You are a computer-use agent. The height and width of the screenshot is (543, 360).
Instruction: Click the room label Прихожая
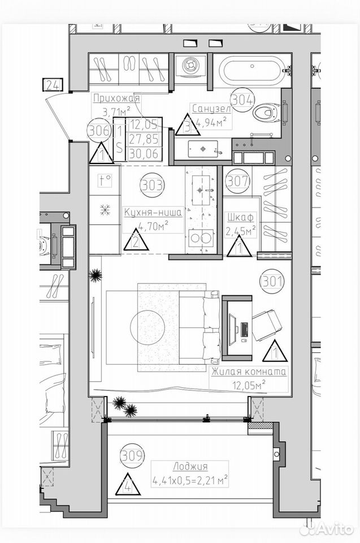point(116,98)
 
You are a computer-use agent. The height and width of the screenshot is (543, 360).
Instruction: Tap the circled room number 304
point(242,100)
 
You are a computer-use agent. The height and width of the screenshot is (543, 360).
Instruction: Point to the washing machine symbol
point(190,65)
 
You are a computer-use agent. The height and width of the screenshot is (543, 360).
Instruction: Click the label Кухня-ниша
point(153,212)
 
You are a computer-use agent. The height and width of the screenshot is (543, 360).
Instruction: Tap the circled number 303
point(153,186)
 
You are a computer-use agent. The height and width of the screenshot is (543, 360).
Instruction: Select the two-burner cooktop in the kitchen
point(201,238)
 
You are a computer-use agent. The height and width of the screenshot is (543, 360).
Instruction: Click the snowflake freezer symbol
point(105,210)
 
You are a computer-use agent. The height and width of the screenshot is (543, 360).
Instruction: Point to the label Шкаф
point(240,217)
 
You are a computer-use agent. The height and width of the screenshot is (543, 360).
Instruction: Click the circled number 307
point(238,181)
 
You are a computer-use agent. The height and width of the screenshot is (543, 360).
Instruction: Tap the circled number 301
point(272,281)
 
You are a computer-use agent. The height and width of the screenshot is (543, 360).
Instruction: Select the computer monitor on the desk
point(234,328)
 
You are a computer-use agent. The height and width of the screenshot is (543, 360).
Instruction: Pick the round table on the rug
point(148,326)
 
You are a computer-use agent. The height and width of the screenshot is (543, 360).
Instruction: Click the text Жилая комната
point(249,372)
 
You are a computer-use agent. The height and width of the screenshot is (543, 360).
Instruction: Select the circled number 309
point(132,456)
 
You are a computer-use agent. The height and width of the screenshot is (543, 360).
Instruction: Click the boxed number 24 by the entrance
point(53,84)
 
